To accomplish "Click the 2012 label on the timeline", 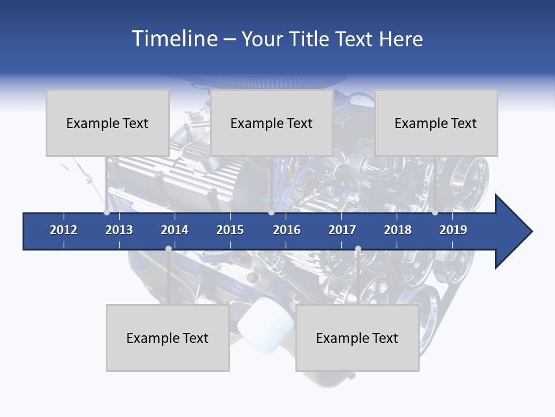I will point(64,230).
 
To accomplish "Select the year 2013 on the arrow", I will point(119,230).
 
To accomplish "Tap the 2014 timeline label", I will point(175,230).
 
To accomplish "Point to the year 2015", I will point(230,230).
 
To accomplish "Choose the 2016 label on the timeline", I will point(287,230).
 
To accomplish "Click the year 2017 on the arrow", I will point(342,230).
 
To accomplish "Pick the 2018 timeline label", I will point(398,230).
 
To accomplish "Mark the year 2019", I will point(453,230).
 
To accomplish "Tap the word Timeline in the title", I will point(173,39).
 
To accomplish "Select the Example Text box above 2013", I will point(108,123).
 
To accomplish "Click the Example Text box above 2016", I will point(272,123).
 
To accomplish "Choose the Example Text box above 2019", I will point(436,123).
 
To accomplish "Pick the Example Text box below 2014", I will point(168,338).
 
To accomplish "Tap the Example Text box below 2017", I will point(357,338).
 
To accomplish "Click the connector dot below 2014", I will point(168,248).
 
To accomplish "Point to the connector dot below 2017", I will point(358,248).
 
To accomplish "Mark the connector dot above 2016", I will point(271,213).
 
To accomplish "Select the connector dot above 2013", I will point(107,213).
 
